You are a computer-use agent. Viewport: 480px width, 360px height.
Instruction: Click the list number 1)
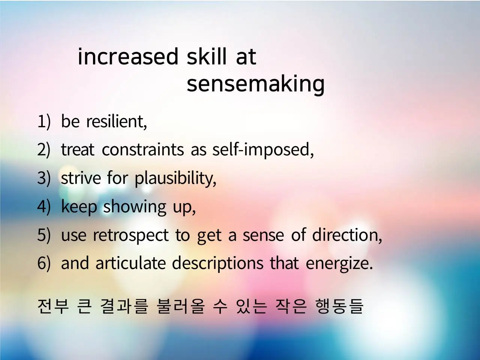coord(44,121)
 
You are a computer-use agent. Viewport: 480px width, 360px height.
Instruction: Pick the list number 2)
coord(44,150)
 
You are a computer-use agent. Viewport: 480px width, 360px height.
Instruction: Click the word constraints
coord(143,150)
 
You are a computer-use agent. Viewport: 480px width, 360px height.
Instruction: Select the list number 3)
coord(44,178)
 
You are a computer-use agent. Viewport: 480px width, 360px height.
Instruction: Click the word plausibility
coord(175,179)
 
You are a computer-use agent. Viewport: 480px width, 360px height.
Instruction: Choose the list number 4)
coord(44,207)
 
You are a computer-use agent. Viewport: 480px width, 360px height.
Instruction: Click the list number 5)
coord(44,235)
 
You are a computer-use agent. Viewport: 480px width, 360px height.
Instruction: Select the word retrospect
coord(131,235)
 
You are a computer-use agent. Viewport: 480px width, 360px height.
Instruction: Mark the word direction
coord(347,235)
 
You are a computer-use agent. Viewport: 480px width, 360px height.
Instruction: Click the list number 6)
coord(44,263)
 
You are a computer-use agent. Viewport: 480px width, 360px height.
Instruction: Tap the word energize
coord(339,264)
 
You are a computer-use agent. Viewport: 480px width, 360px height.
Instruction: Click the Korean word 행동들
coord(339,306)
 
